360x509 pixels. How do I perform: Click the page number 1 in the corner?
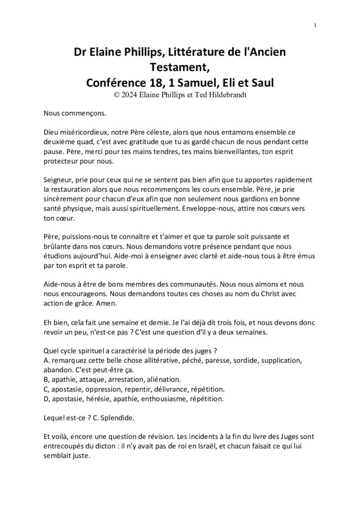(315, 25)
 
